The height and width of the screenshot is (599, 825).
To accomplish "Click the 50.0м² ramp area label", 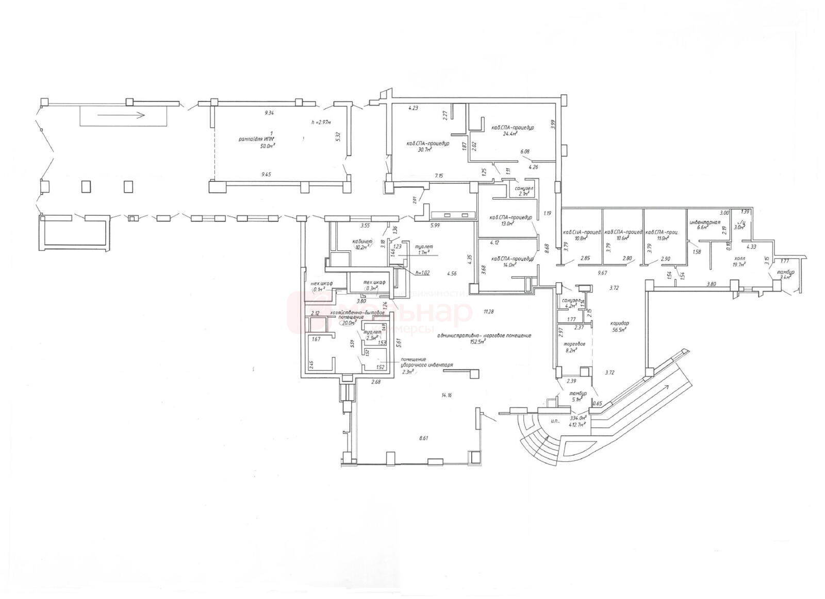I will tap(267, 146).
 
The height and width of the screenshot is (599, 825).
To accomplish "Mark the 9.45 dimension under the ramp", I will tap(266, 175).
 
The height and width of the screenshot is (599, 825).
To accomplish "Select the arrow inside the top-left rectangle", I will tap(121, 115).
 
